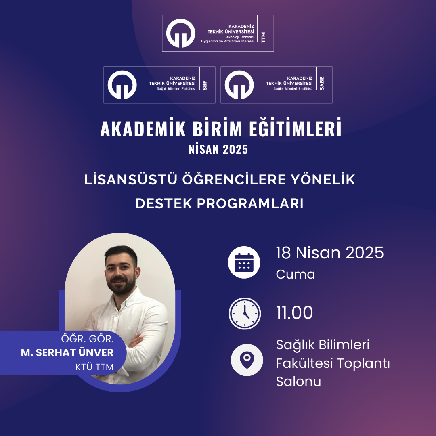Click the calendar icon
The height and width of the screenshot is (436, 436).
244,262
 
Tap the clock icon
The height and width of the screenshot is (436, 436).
245,313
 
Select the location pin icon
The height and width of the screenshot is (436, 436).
247,360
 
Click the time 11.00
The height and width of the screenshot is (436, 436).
294,312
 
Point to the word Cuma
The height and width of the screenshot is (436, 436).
295,275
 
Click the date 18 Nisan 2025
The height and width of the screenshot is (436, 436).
330,253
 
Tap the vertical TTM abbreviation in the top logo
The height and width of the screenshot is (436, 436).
263,37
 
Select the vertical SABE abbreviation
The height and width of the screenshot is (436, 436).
322,83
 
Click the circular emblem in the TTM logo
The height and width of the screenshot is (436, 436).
181,33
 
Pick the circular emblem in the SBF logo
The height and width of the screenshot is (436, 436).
122,85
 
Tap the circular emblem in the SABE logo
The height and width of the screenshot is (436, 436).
239,85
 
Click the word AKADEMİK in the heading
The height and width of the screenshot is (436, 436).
143,128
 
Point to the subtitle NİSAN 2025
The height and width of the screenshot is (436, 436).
218,149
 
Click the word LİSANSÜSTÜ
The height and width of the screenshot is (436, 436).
131,179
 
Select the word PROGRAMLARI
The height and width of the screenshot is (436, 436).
250,203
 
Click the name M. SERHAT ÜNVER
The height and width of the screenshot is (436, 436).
67,352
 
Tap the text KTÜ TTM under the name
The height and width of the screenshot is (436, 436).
94,367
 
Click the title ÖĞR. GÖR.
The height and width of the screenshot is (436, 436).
87,339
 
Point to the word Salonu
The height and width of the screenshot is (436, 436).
298,381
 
